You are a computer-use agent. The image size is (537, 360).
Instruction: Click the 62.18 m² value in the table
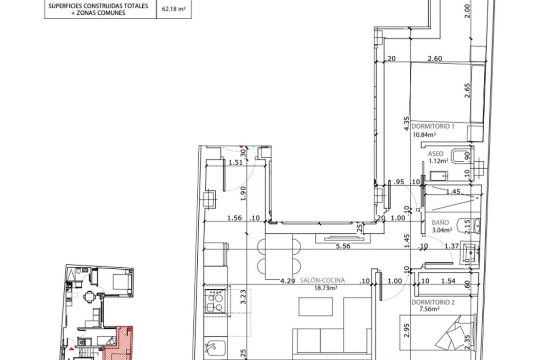pos(173,9)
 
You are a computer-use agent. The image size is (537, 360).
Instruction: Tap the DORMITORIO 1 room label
pos(432,126)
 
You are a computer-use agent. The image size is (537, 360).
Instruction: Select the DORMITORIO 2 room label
pos(433,302)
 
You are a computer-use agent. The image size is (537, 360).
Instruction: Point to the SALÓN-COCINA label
pos(322,280)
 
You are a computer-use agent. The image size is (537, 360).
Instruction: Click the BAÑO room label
pos(440,222)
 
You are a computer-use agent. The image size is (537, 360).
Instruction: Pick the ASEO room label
pos(435,154)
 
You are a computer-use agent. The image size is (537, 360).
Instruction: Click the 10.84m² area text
pos(424,135)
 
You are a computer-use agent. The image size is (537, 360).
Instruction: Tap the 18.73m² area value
pos(326,288)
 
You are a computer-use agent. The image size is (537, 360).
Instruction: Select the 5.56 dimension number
pos(343,246)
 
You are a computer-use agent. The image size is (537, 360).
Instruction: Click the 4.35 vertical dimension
pos(407,123)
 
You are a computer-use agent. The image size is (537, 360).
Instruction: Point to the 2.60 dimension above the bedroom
pos(435,59)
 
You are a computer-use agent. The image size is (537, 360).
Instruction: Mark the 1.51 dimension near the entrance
pos(235,162)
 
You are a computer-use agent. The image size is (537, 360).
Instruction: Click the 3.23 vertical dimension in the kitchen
pos(243,297)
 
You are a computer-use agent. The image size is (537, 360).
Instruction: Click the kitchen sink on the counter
pos(215,348)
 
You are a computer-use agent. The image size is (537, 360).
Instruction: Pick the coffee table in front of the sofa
pos(315,307)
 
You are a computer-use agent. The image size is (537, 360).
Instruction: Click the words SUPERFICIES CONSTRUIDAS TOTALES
pos(98,6)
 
